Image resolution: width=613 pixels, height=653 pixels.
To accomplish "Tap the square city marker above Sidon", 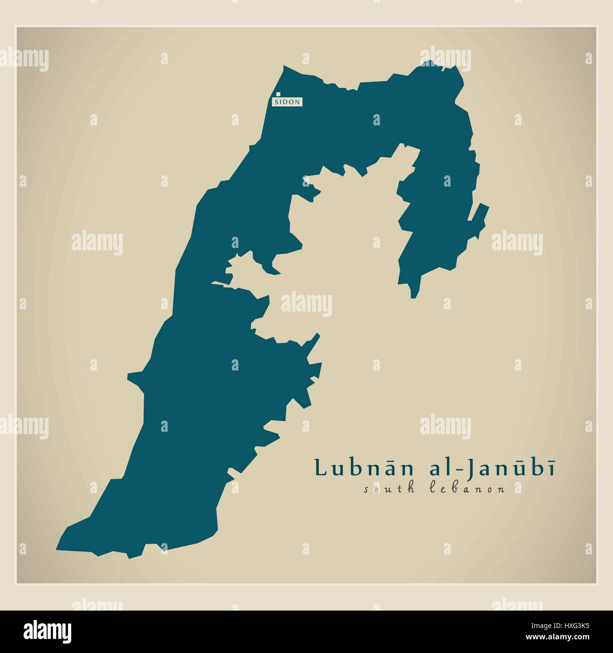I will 279,94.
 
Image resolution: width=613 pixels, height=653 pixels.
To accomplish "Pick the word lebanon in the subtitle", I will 468,489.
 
